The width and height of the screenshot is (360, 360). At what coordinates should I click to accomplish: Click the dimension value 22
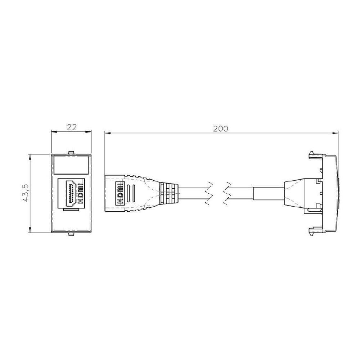point(72,127)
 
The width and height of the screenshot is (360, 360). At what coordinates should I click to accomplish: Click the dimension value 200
point(221,129)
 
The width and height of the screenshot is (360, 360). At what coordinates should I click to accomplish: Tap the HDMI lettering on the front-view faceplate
point(80,194)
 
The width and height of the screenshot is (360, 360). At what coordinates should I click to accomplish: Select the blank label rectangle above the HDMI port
point(71,164)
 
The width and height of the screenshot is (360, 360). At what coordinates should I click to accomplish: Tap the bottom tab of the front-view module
point(71,234)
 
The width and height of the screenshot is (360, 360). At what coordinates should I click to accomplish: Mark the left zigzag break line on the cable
point(209,193)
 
